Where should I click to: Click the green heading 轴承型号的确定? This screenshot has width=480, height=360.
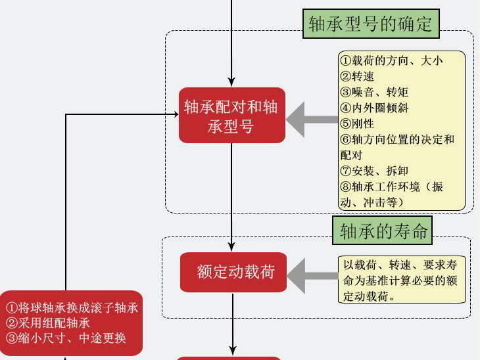371,24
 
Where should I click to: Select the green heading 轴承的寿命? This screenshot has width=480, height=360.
384,231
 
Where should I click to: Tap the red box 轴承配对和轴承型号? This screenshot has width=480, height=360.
231,116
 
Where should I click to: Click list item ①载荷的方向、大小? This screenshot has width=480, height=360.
391,60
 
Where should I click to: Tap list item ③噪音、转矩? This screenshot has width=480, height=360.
374,92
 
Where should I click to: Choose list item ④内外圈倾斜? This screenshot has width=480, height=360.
374,108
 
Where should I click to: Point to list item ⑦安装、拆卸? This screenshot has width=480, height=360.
374,171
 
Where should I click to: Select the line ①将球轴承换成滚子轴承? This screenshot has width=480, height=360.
72,307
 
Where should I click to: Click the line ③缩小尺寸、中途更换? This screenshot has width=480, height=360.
66,338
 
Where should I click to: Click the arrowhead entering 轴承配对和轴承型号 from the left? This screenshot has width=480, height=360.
175,114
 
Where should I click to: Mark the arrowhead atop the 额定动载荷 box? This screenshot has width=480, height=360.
232,248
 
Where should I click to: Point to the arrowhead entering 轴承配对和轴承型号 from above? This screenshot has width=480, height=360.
231,82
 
